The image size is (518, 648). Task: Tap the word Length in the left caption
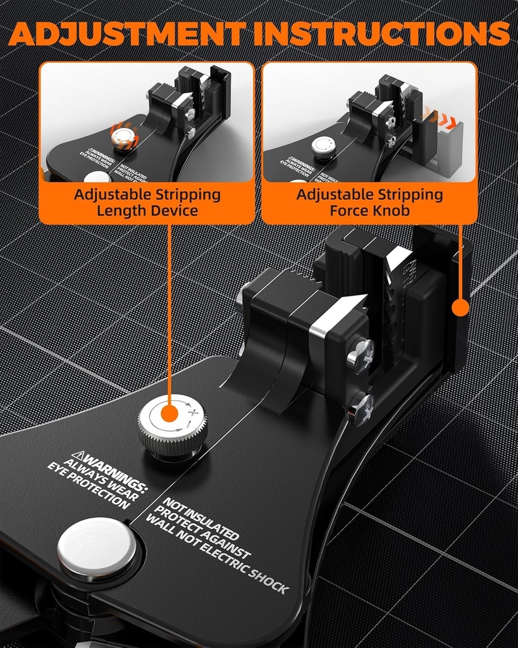pos(120,211)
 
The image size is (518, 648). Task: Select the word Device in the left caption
pos(174,211)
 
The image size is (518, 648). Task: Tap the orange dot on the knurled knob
pos(169,414)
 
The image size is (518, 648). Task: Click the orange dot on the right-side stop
pos(461,308)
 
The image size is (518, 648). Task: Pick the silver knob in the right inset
pos(323,146)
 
